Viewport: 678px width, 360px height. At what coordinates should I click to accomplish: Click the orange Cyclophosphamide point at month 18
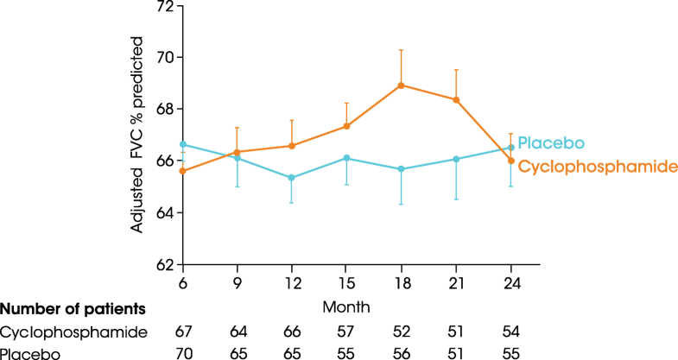point(401,85)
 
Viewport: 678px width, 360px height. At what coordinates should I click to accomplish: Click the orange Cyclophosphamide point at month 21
point(456,100)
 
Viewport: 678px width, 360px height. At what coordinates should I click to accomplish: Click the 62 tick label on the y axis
point(164,264)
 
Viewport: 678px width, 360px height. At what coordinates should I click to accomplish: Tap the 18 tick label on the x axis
point(401,284)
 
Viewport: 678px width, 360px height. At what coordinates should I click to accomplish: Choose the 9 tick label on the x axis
point(236,284)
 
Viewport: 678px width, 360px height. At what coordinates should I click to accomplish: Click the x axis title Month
point(346,306)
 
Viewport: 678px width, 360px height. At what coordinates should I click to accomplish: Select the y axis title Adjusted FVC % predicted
point(137,133)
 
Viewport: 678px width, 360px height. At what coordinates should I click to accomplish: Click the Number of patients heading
point(72,309)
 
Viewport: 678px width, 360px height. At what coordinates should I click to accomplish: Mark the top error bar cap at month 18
point(401,50)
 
